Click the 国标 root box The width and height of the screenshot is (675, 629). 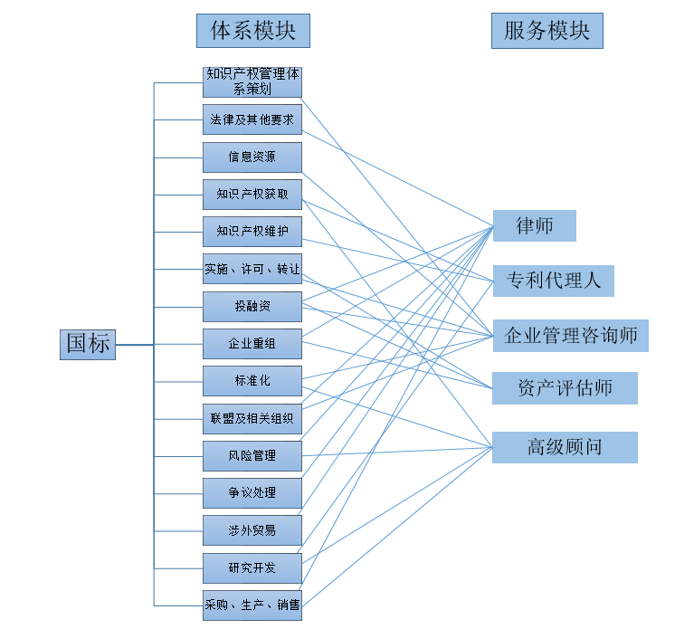(x=88, y=344)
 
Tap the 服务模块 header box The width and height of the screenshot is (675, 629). (x=547, y=31)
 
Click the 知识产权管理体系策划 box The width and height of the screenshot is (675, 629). (x=252, y=82)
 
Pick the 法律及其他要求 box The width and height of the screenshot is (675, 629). (x=252, y=119)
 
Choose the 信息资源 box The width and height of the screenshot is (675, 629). (x=252, y=157)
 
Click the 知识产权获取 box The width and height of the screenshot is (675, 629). (x=252, y=194)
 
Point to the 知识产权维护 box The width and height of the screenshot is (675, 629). (x=252, y=232)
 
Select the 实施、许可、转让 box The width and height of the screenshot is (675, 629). (x=252, y=269)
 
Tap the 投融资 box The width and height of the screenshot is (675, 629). (x=252, y=307)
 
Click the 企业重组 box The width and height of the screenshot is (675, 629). (x=252, y=344)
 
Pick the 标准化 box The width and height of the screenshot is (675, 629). (x=252, y=381)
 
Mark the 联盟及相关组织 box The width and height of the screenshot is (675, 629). (x=252, y=419)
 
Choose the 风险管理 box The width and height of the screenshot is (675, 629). (x=252, y=456)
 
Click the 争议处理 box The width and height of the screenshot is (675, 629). (x=252, y=493)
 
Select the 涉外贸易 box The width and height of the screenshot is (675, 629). (x=252, y=530)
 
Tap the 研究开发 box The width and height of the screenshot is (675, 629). (x=252, y=568)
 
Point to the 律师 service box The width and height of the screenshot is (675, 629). (x=534, y=226)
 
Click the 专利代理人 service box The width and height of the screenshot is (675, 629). (x=553, y=281)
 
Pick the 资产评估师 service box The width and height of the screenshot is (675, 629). (x=565, y=388)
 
